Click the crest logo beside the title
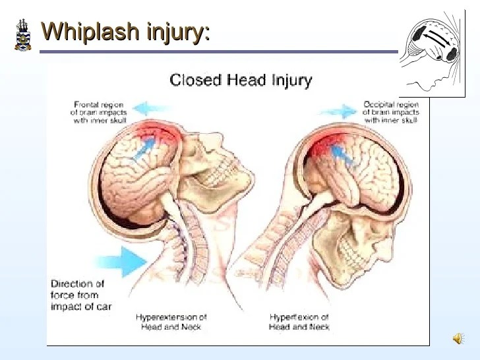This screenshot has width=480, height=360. pyautogui.click(x=22, y=34)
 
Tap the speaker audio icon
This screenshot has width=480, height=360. pyautogui.click(x=458, y=338)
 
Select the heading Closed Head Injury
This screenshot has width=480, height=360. pyautogui.click(x=241, y=80)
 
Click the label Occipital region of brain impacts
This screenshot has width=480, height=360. pyautogui.click(x=390, y=112)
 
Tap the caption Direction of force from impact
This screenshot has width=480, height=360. pyautogui.click(x=81, y=295)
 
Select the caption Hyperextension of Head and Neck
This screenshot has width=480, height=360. pyautogui.click(x=171, y=322)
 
